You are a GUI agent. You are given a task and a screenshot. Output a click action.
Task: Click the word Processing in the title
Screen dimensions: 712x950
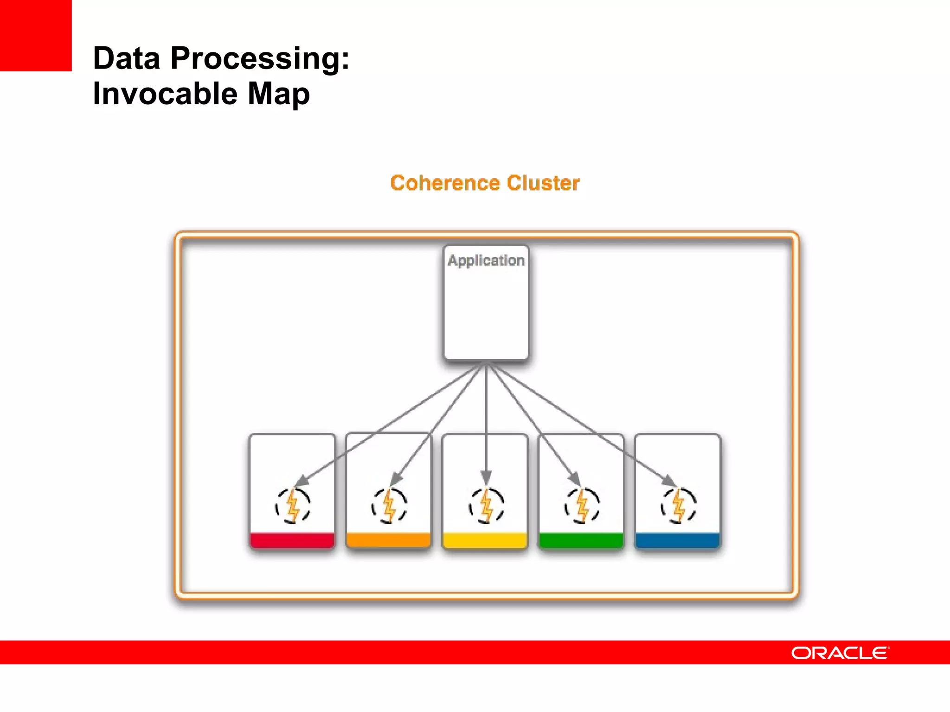point(260,59)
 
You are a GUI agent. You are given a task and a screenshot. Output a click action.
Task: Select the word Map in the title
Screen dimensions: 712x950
point(278,94)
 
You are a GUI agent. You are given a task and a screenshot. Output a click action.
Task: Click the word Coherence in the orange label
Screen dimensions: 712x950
point(445,183)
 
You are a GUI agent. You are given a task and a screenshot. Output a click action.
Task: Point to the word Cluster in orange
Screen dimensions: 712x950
point(543,183)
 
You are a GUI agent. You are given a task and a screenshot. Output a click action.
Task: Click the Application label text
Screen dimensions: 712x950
point(486,261)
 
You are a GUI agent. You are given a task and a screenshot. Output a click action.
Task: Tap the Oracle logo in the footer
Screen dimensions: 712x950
point(840,653)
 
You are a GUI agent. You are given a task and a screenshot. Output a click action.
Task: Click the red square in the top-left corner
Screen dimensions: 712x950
point(36,35)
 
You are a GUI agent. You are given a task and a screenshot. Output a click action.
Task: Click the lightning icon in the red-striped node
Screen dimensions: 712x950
point(293,506)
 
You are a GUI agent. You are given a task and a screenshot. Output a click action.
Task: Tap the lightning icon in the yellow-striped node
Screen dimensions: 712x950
point(486,506)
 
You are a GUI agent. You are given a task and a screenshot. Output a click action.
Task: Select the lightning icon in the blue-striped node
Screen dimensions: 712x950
point(678,506)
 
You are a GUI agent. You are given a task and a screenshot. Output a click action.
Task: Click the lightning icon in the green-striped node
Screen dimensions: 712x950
point(582,506)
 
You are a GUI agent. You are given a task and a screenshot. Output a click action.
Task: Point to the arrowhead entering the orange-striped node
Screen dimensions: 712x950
point(395,479)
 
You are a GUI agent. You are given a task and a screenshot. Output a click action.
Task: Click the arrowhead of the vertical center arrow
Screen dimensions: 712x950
point(486,477)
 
